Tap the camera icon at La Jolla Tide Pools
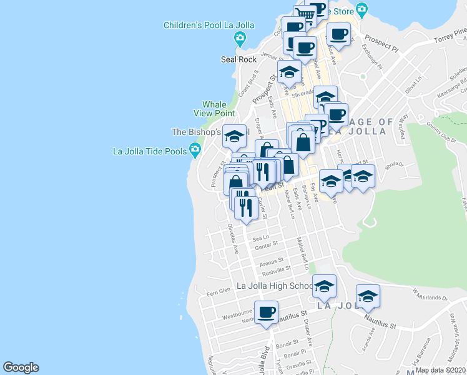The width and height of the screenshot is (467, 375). [195, 149]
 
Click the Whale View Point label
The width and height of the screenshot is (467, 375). [214, 109]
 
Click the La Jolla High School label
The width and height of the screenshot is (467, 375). [275, 286]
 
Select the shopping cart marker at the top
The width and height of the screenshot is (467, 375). [305, 14]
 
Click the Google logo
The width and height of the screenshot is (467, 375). [21, 367]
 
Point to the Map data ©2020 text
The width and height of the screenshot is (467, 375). [440, 370]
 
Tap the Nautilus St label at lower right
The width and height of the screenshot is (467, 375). [380, 324]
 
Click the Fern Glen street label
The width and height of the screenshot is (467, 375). [219, 290]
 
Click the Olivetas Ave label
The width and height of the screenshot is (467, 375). [234, 238]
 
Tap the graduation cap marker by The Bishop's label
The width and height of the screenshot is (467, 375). [234, 136]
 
